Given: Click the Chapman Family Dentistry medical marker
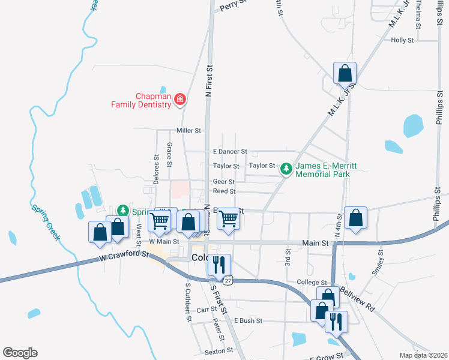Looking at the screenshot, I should (179, 100).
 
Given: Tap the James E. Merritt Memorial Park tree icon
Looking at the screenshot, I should (287, 170).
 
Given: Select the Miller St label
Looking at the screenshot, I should (188, 130).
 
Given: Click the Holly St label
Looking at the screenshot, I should (402, 40).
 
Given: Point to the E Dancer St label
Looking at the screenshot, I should (226, 152).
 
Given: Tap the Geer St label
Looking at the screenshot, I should (223, 181).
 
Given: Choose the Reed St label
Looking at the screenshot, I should (224, 191).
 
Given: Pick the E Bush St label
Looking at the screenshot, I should (249, 321).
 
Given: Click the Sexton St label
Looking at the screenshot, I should (218, 351).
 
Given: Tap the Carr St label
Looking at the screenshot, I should (206, 310).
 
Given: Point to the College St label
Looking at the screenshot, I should (311, 282).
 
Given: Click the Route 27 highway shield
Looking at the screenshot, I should (228, 280).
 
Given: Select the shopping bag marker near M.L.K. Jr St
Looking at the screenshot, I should (345, 73).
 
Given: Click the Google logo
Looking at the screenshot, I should (20, 353).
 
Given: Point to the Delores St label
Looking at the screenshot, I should (156, 169).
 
